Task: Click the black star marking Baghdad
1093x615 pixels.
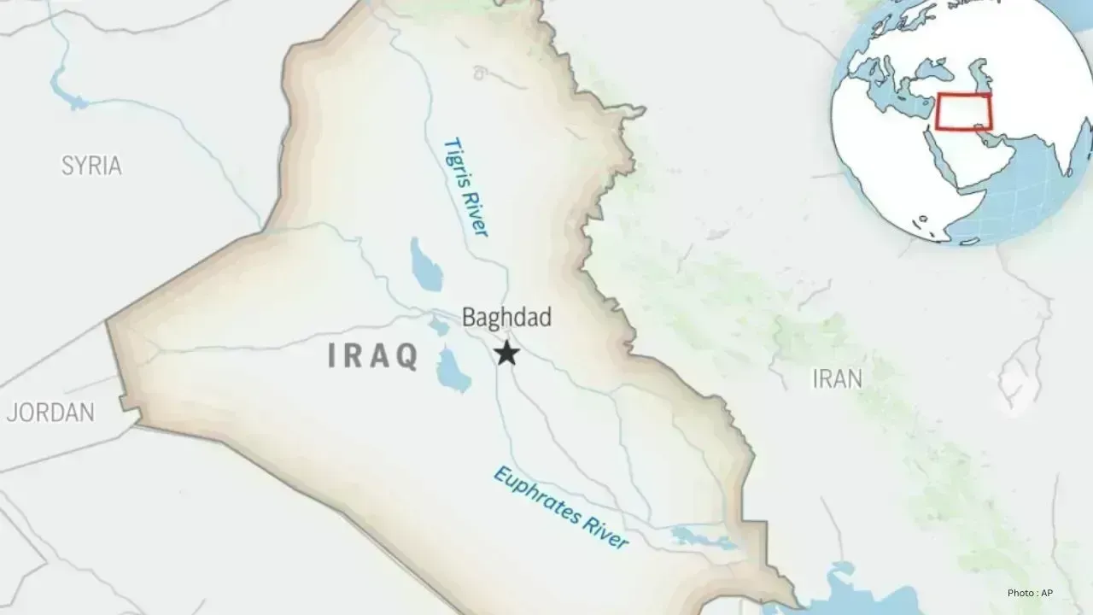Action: coord(508,352)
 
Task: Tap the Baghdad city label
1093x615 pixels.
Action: coord(506,318)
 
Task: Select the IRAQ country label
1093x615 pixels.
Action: coord(373,355)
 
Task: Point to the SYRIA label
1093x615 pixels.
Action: coord(91,166)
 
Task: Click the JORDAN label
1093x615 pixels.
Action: coord(50,413)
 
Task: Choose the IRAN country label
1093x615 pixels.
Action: coord(837,378)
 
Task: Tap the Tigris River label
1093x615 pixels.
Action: coord(465,186)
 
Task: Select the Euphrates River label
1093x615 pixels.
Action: coord(560,507)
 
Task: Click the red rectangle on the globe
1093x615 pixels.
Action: coord(964,112)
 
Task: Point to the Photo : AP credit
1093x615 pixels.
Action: coord(1036,593)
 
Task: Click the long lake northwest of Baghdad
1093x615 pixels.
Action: coord(425,264)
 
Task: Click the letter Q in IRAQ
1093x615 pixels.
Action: coord(407,356)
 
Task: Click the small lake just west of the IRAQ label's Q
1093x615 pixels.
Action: coord(439,325)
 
